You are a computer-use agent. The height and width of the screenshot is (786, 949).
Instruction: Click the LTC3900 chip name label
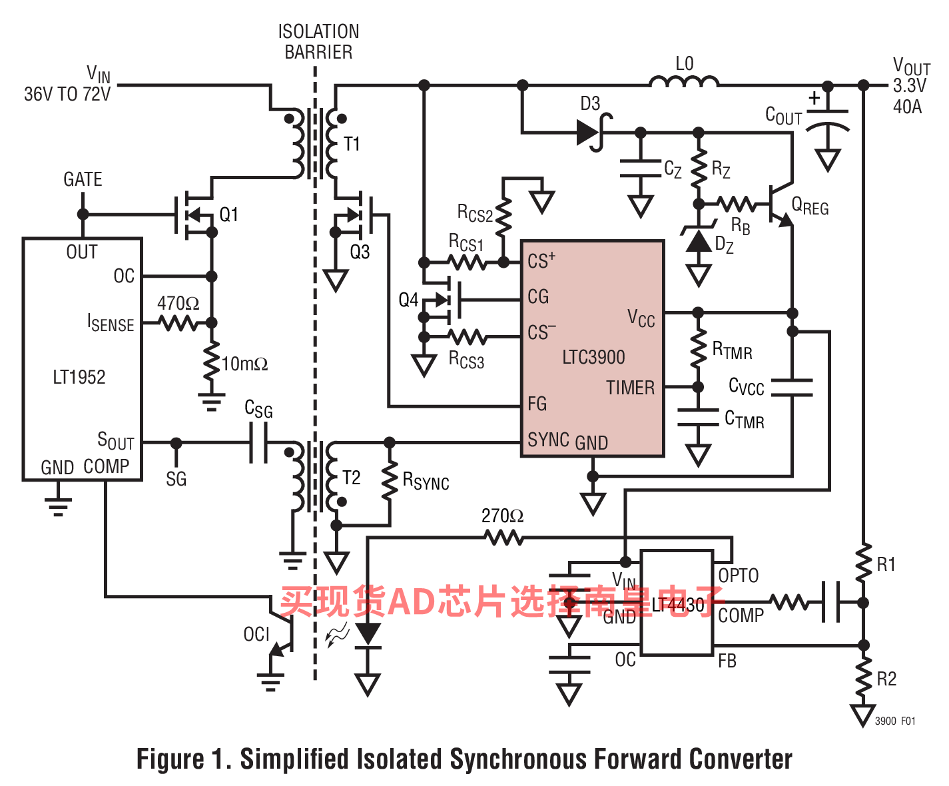click(593, 357)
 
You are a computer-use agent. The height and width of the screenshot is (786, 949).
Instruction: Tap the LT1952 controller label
click(79, 377)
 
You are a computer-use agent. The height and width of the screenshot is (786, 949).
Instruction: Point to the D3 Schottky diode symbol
click(593, 133)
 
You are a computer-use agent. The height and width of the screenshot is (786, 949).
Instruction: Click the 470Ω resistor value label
click(178, 303)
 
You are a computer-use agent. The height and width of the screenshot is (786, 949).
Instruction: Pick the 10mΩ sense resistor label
click(244, 364)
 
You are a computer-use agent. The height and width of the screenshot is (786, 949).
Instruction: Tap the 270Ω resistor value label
click(502, 516)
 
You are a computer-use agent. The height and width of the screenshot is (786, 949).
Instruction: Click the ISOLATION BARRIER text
click(318, 42)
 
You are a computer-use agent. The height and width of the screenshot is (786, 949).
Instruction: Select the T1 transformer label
click(352, 144)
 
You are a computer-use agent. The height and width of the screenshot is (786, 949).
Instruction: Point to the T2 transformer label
click(352, 478)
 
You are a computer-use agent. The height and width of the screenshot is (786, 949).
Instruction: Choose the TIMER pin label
click(631, 388)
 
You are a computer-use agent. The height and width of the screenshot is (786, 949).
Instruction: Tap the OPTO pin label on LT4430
click(739, 576)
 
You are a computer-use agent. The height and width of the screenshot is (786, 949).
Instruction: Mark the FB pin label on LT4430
click(727, 661)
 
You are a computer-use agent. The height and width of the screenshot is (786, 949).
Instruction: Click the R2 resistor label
click(886, 679)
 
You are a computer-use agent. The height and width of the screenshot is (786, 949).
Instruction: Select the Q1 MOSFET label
click(228, 214)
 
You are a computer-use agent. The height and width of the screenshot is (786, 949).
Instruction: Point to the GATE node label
click(83, 179)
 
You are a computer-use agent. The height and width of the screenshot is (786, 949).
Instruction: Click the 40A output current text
click(907, 107)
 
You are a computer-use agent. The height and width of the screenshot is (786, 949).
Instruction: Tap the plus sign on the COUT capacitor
click(814, 98)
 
